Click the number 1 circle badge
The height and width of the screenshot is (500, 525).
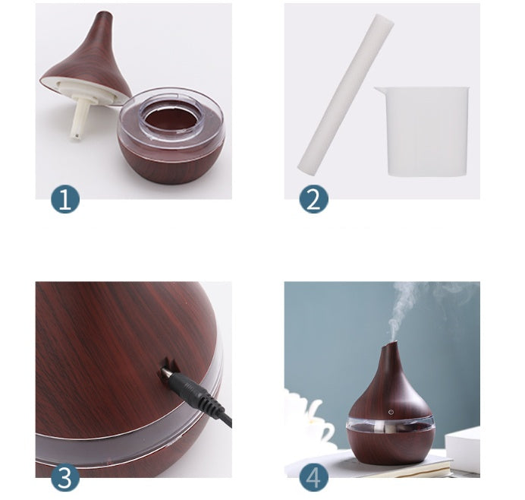[65, 200]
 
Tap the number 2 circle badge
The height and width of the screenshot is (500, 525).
[313, 200]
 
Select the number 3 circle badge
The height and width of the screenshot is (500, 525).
[65, 479]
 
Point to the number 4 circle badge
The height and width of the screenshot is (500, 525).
[313, 479]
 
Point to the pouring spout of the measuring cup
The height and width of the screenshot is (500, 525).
[379, 92]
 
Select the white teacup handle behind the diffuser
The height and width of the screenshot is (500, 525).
[325, 430]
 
